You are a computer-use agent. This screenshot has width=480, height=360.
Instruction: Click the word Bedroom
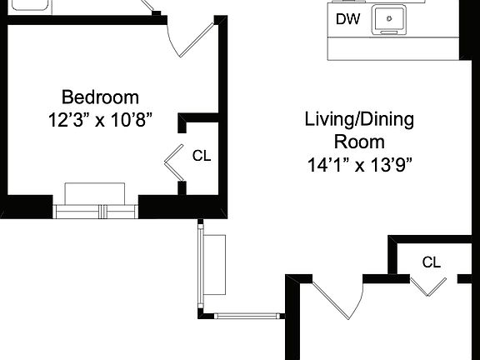point(100,97)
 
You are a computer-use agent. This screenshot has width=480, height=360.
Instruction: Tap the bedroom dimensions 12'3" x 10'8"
point(100,119)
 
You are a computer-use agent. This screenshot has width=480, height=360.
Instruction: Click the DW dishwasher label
point(346,18)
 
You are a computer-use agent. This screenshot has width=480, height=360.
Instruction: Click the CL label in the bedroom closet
point(202,155)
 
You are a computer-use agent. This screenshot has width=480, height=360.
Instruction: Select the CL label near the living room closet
point(431,262)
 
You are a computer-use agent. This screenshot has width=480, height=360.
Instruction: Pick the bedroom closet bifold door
point(173,161)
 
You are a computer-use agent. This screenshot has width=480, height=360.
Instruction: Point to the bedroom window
point(95,211)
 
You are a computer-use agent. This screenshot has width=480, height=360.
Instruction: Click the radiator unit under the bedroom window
point(95,192)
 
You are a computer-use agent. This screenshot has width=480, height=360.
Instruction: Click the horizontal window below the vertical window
point(248,316)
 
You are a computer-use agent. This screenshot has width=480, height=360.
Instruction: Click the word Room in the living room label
point(361,141)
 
